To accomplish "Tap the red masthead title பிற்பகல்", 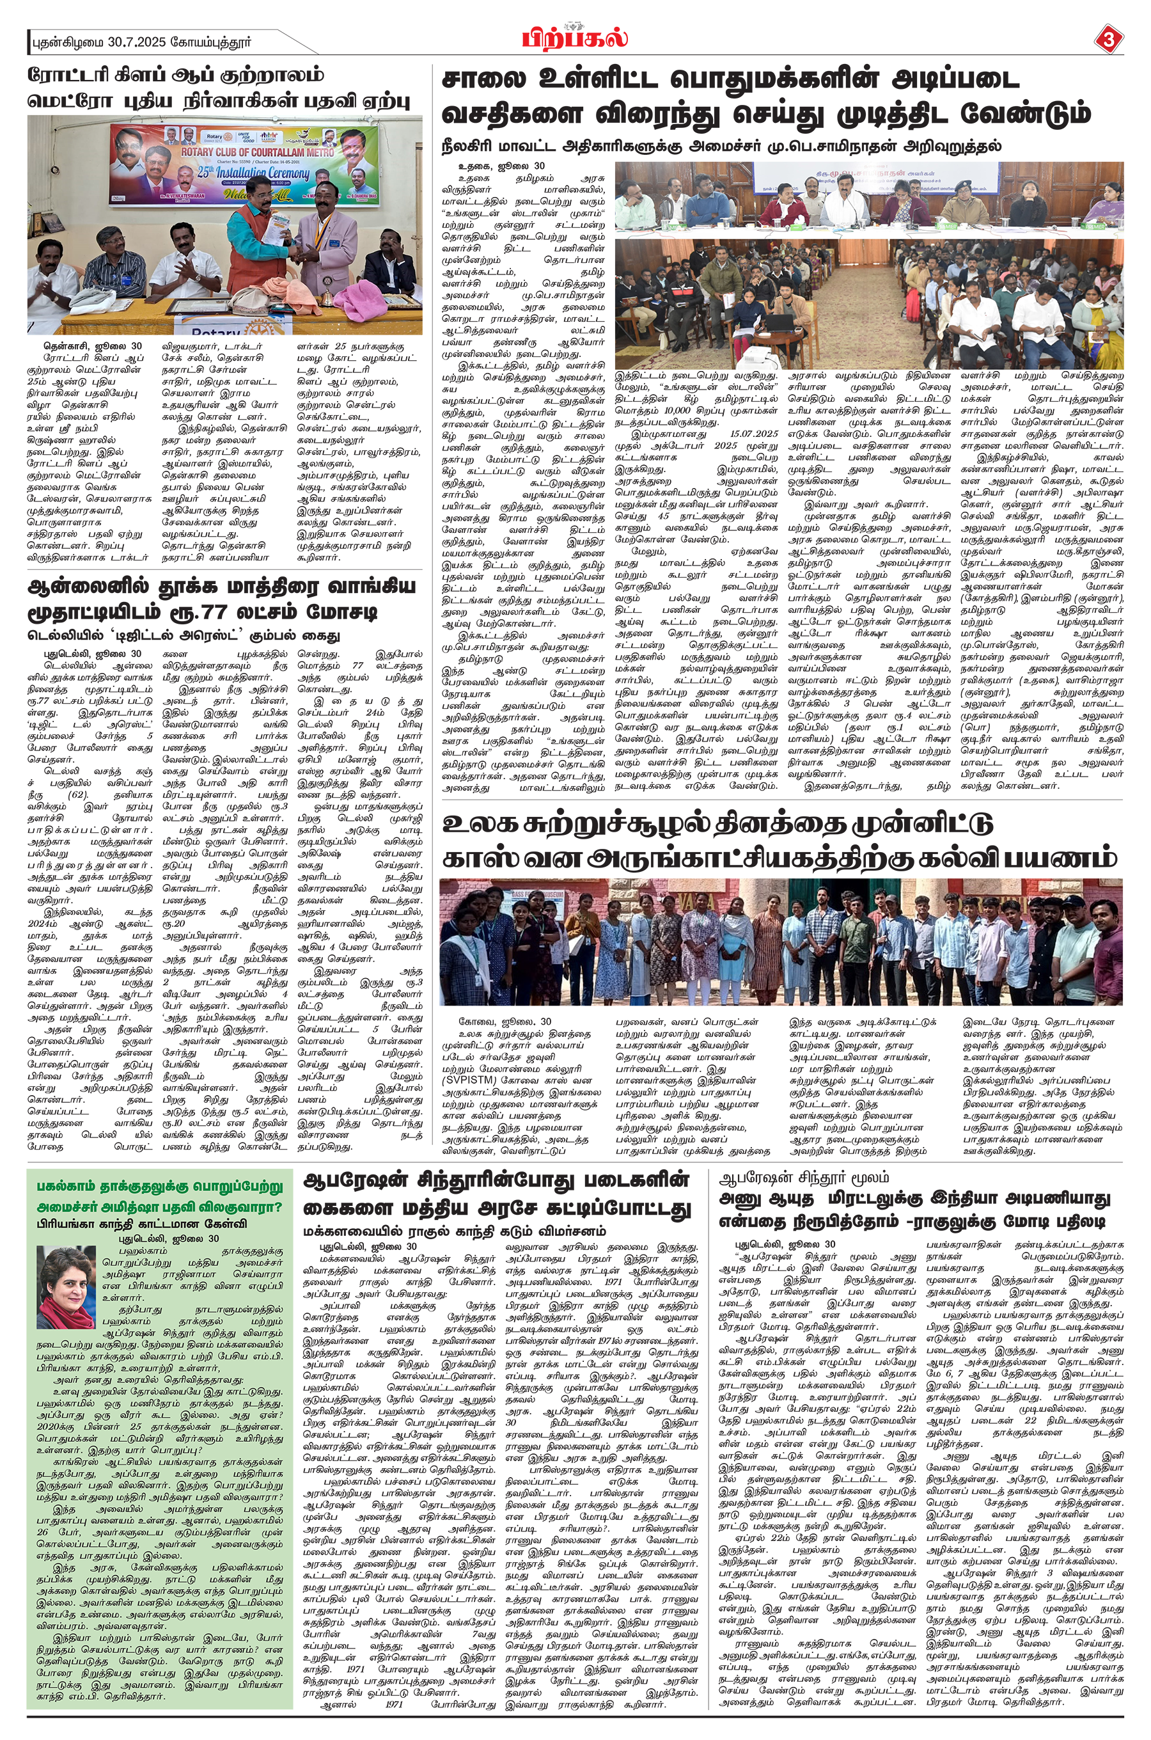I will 575,36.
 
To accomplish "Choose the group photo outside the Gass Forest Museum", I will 781,941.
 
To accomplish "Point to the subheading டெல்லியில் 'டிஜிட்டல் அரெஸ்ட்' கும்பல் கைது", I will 174,635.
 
